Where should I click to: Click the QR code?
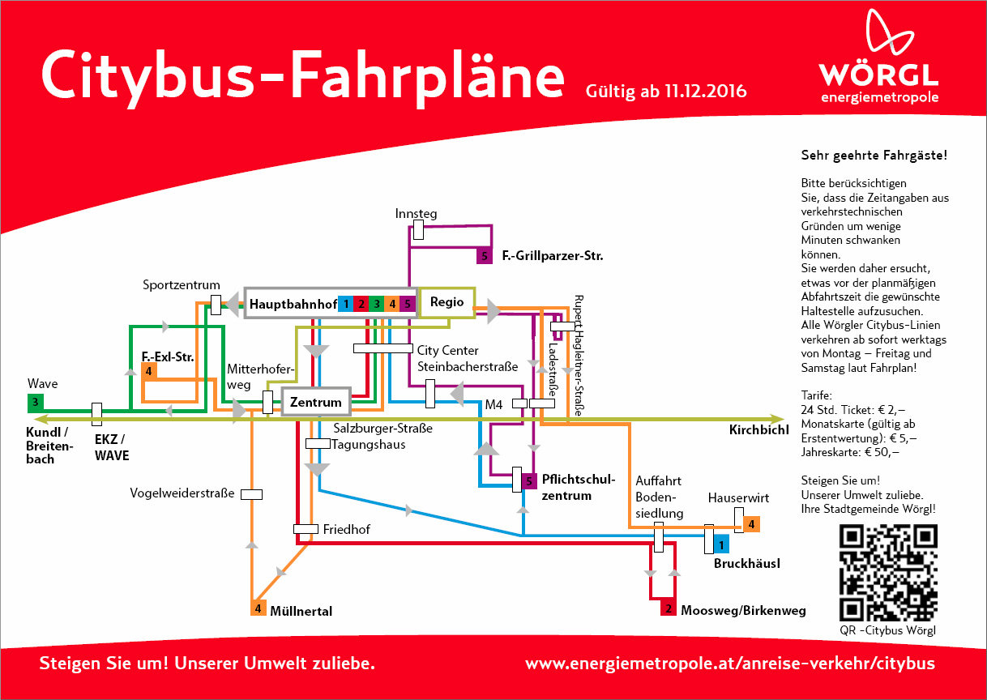888,573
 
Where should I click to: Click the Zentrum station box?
316,402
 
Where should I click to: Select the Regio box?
446,301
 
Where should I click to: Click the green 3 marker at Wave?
35,401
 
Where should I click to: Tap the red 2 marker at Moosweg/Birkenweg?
669,608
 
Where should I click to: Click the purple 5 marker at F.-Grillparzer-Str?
485,257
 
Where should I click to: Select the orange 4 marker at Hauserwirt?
752,524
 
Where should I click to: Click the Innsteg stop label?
416,214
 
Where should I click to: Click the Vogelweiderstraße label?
182,493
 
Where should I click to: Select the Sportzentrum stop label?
182,285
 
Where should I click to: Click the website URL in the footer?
729,664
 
